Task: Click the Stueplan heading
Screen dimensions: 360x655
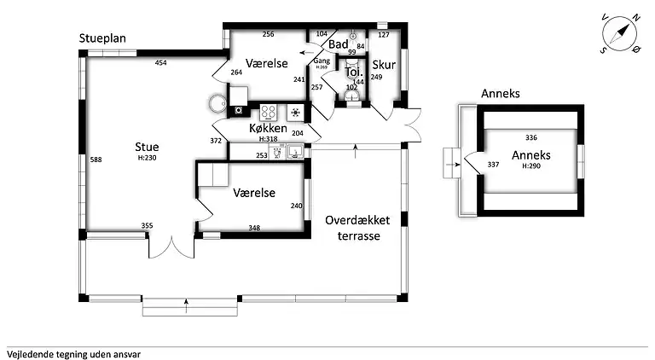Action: pyautogui.click(x=104, y=38)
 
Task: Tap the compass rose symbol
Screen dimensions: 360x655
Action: pyautogui.click(x=620, y=34)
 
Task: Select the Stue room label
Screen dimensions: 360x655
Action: pyautogui.click(x=147, y=147)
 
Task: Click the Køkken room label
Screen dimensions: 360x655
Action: pyautogui.click(x=267, y=128)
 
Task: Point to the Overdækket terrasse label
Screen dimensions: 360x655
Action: pyautogui.click(x=357, y=227)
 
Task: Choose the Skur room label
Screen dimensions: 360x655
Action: pyautogui.click(x=382, y=63)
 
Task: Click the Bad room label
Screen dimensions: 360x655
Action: pyautogui.click(x=338, y=44)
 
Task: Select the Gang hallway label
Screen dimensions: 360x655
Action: pyautogui.click(x=322, y=61)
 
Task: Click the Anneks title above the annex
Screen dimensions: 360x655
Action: pyautogui.click(x=501, y=93)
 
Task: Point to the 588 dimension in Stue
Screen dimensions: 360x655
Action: pyautogui.click(x=96, y=160)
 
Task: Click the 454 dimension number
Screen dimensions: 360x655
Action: pyautogui.click(x=161, y=63)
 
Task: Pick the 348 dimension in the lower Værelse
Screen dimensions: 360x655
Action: pyautogui.click(x=254, y=228)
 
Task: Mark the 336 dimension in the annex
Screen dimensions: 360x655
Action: pyautogui.click(x=531, y=137)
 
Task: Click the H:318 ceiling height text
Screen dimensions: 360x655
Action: pyautogui.click(x=269, y=138)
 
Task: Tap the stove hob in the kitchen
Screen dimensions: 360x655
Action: pyautogui.click(x=269, y=111)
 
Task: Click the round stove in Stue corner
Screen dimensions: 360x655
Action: pyautogui.click(x=214, y=104)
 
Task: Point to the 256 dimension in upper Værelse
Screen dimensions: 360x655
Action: pyautogui.click(x=268, y=34)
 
